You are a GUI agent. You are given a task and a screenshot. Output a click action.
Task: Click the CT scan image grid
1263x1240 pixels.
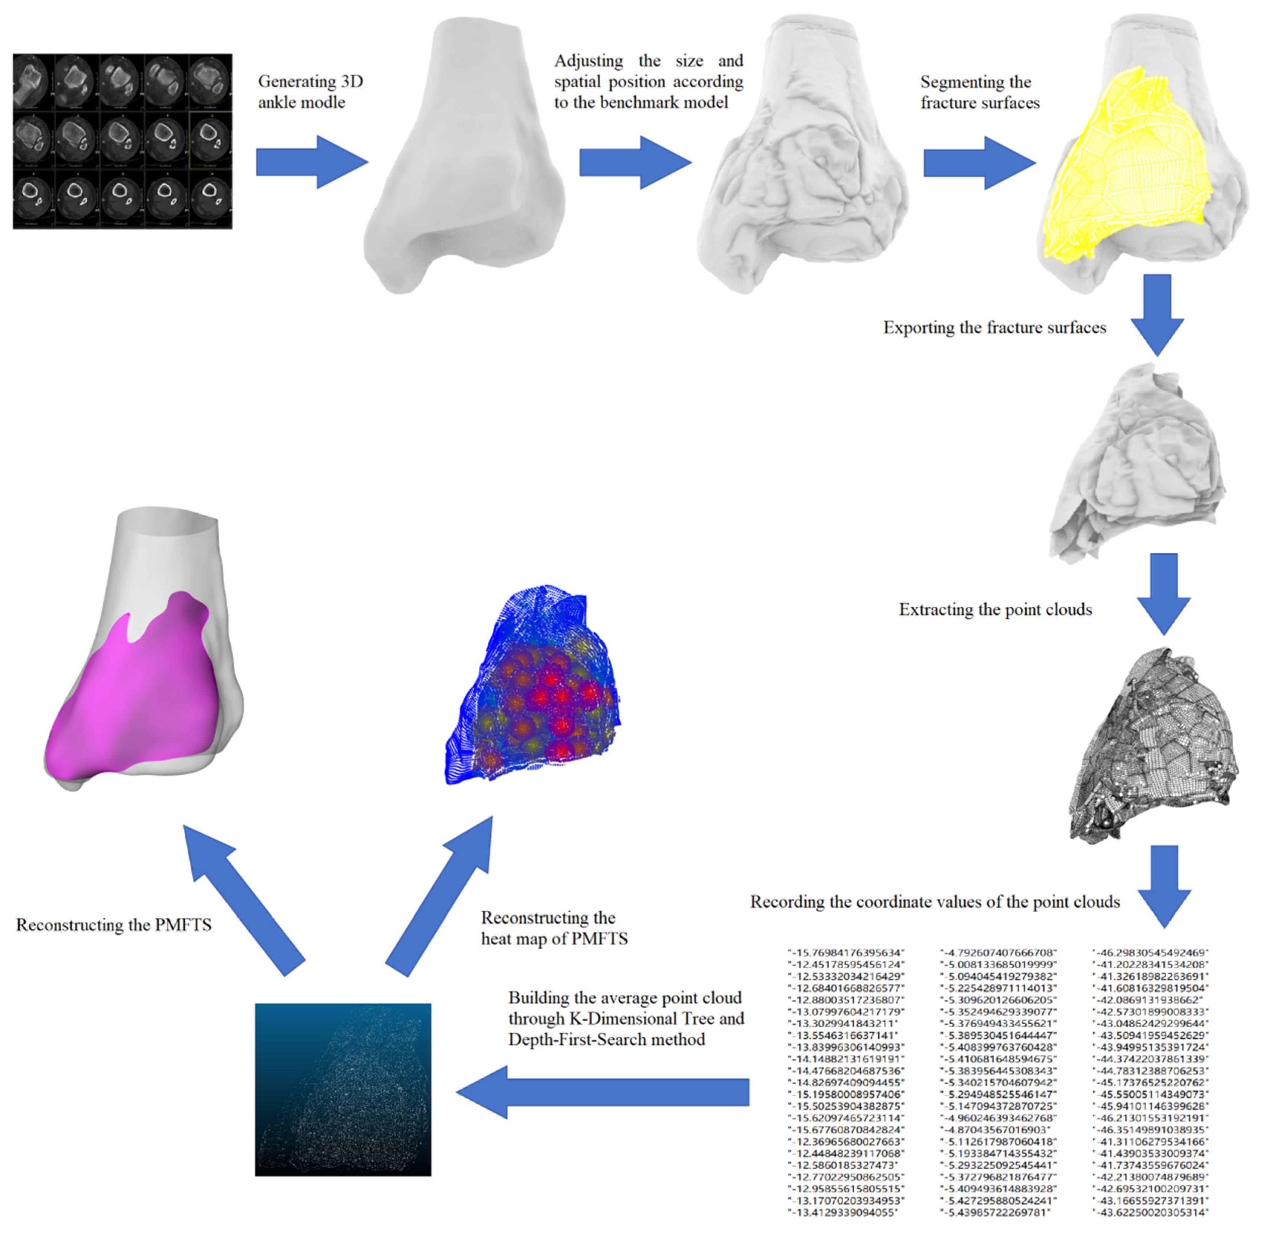(123, 141)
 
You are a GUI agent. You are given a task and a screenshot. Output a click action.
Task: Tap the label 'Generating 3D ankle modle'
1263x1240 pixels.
(310, 92)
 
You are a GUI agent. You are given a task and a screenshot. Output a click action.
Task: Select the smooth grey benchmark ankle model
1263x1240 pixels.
(464, 156)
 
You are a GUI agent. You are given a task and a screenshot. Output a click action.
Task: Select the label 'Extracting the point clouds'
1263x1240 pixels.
(995, 609)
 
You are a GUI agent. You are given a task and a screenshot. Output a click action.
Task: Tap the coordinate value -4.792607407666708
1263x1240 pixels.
(998, 952)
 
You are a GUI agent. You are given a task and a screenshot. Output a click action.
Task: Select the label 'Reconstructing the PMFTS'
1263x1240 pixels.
(114, 925)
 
